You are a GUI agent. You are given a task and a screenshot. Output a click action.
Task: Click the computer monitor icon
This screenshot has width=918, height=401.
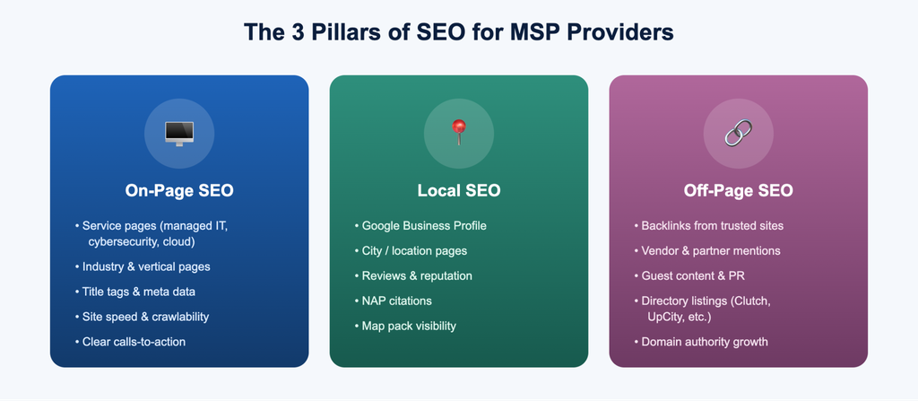tap(179, 134)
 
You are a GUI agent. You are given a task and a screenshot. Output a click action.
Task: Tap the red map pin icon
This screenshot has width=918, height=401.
tap(458, 132)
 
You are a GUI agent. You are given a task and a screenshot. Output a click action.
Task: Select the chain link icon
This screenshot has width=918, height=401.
tap(739, 133)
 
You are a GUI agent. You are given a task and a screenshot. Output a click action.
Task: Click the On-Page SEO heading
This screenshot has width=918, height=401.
tap(179, 190)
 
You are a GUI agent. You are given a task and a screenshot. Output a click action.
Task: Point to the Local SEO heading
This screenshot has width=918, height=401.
tap(459, 190)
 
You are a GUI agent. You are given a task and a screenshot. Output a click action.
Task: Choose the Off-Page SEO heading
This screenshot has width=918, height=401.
tap(739, 190)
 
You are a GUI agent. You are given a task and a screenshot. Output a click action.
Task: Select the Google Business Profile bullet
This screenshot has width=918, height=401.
tap(420, 226)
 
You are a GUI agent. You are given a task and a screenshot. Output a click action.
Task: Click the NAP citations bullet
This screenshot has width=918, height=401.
tap(393, 301)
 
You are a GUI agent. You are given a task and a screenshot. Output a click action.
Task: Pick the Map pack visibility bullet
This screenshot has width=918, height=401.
tap(405, 326)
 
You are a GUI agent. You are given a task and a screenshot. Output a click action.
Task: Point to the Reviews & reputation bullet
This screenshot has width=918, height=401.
tap(413, 275)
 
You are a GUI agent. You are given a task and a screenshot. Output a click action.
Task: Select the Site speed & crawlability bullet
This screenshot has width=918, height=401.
tap(142, 317)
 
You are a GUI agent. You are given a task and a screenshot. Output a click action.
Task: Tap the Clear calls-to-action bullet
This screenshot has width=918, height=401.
tap(130, 341)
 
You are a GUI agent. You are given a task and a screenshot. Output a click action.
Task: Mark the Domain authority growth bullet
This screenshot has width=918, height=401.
tap(701, 341)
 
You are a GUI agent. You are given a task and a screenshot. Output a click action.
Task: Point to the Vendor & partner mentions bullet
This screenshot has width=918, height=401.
tap(707, 251)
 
